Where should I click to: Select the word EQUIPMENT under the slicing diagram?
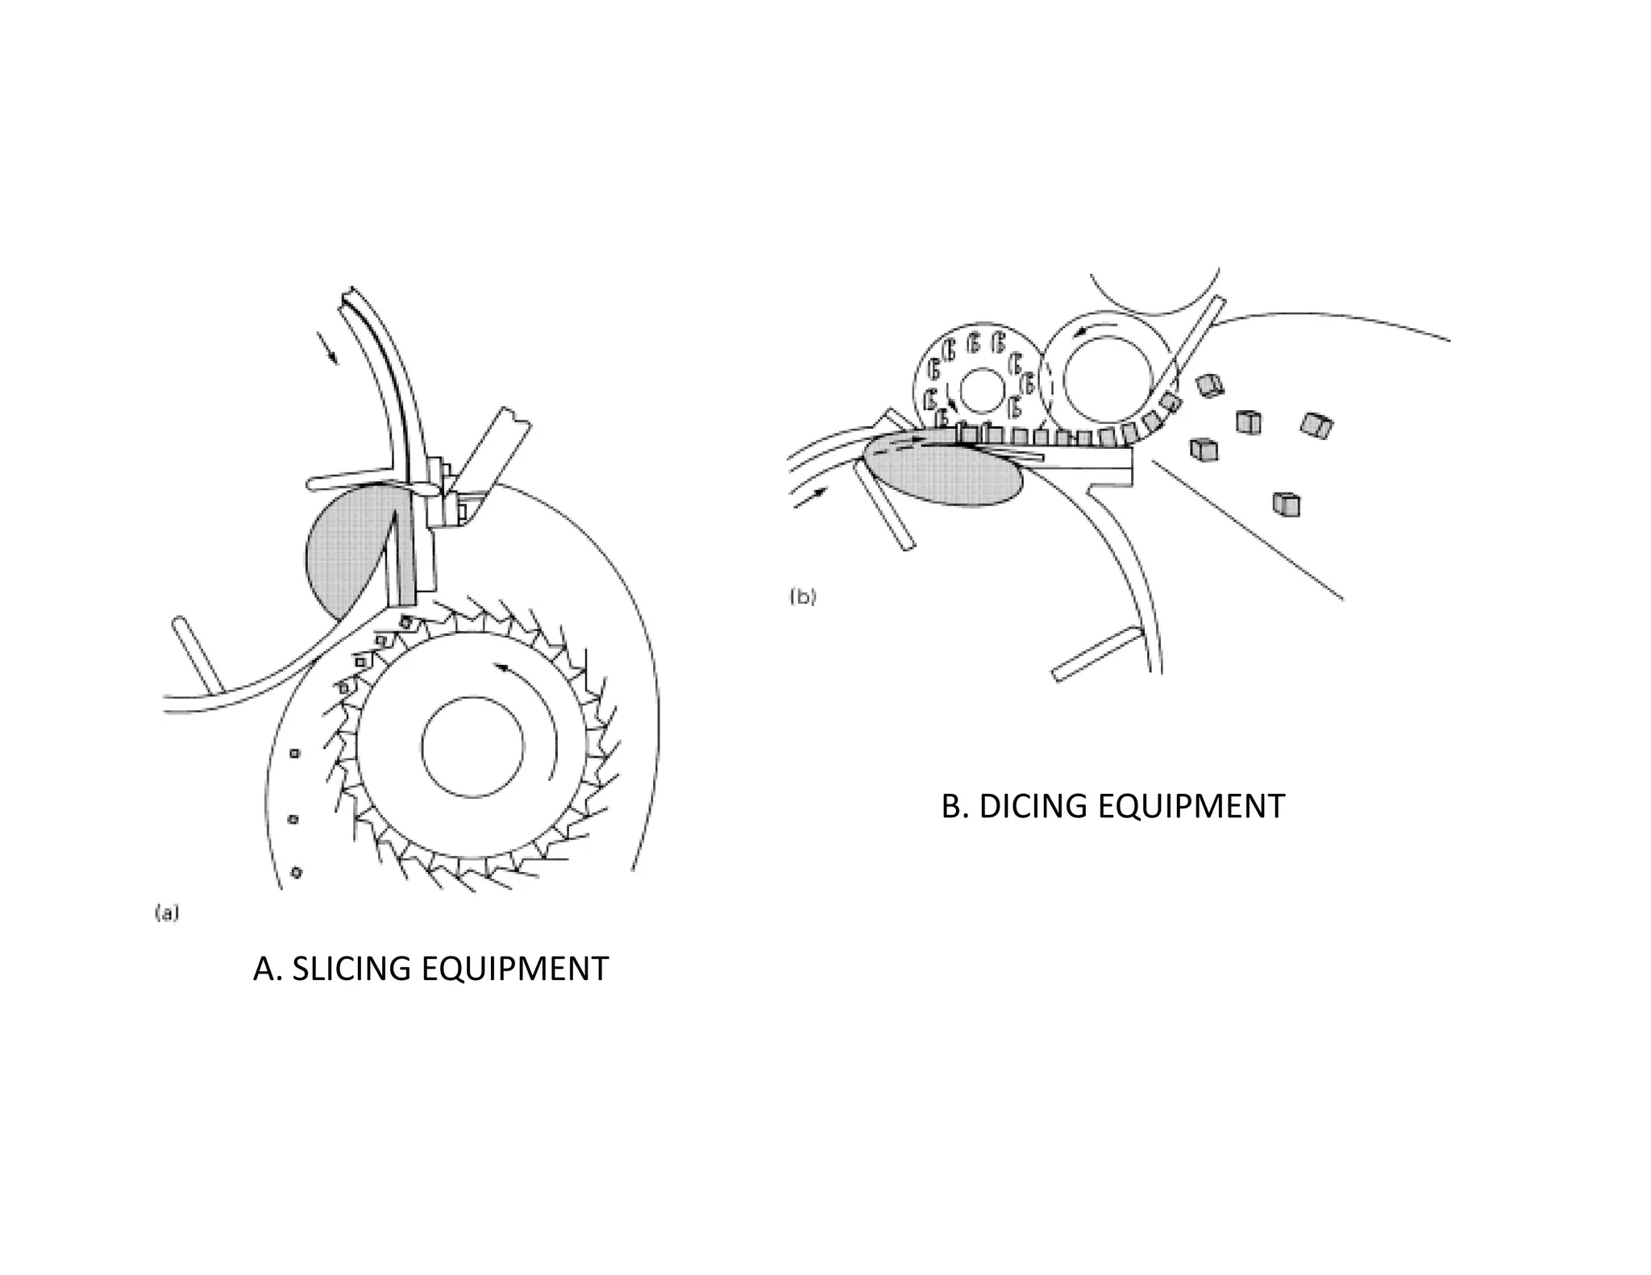click(514, 968)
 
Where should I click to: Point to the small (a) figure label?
click(166, 913)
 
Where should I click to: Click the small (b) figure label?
click(803, 597)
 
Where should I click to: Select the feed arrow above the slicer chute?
click(327, 347)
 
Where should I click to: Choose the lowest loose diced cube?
click(1287, 504)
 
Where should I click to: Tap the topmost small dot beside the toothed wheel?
click(295, 753)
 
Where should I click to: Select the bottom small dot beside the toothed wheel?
click(296, 872)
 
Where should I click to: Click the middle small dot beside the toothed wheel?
click(293, 819)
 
